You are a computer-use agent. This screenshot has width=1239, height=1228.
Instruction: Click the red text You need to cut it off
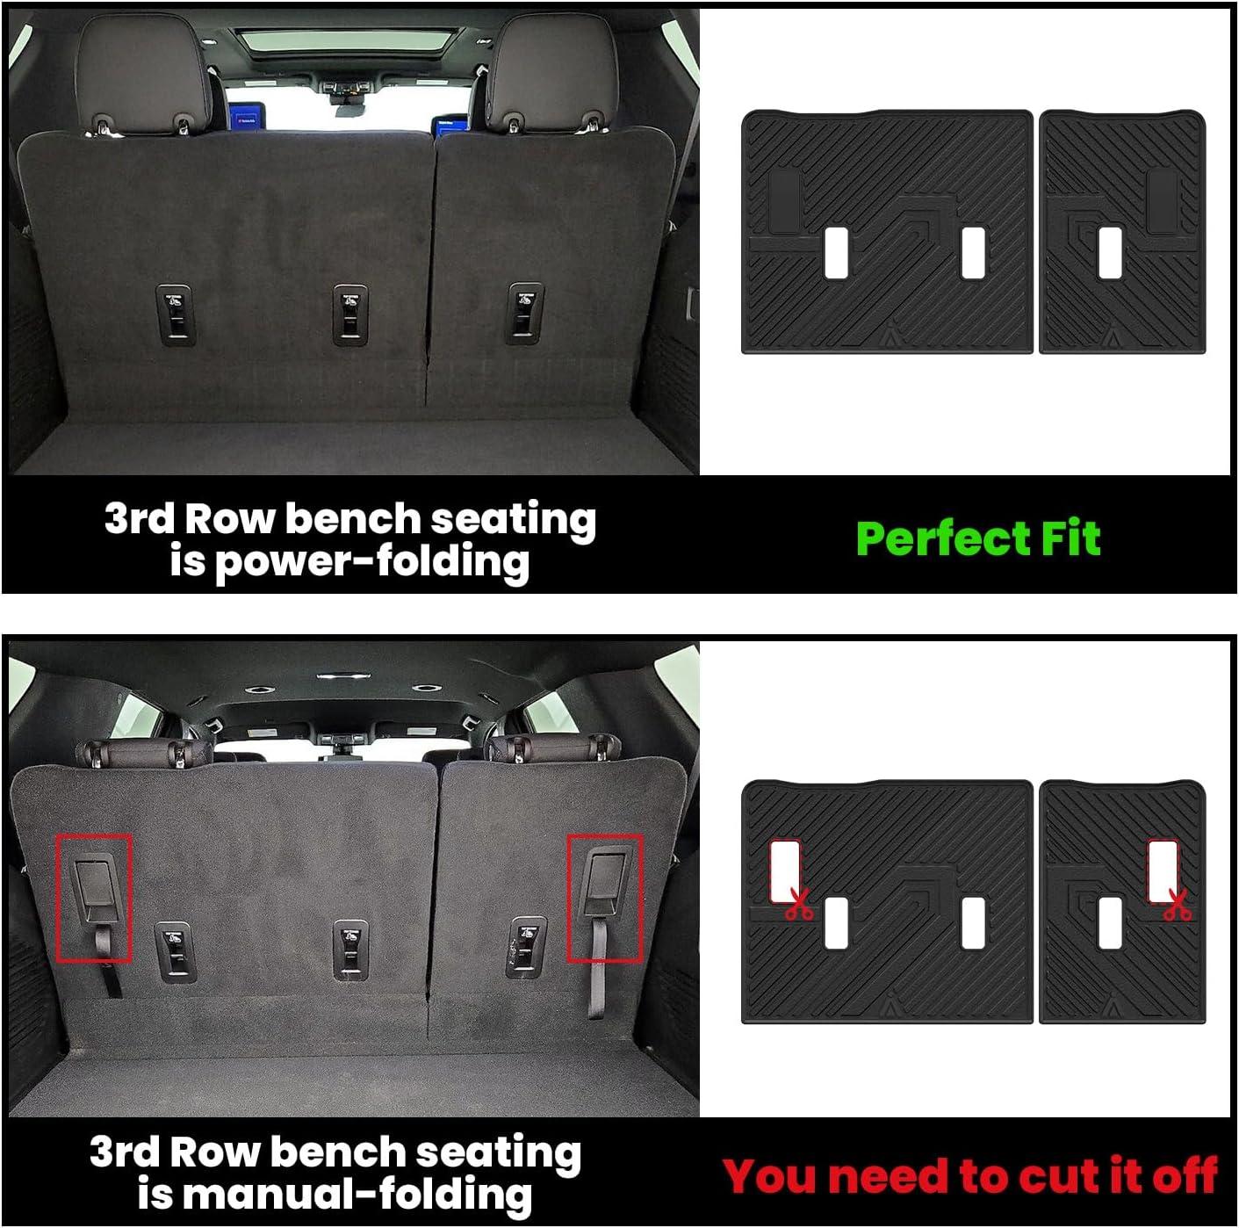point(970,1175)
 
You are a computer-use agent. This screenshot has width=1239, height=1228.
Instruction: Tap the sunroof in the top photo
point(348,40)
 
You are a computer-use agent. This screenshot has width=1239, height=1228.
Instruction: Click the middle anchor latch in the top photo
point(350,314)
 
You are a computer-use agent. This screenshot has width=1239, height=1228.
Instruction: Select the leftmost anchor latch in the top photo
point(175,314)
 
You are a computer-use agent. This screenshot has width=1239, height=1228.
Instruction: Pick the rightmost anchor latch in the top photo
point(525,313)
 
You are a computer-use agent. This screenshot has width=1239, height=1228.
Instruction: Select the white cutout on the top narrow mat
point(1111,253)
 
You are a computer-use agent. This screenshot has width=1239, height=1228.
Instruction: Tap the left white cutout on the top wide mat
point(836,253)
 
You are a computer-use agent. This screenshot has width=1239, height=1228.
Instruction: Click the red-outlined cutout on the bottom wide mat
point(785,870)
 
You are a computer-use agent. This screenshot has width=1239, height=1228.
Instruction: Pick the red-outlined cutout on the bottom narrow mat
point(1163,870)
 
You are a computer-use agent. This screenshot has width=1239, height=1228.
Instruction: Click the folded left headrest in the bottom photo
point(144,752)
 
